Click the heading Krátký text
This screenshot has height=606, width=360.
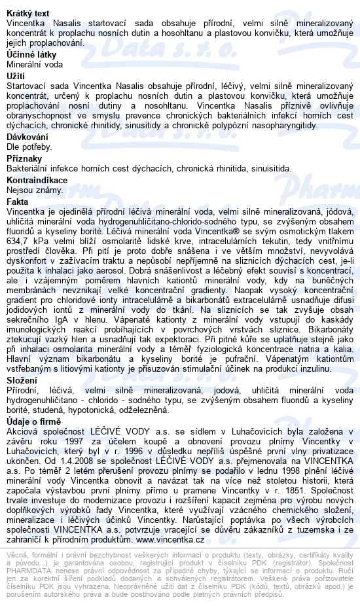(x=27, y=13)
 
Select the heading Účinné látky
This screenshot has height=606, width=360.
(x=31, y=55)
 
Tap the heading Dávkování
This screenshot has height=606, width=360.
(x=27, y=137)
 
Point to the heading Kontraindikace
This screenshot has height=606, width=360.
(x=37, y=180)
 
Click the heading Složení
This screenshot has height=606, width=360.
(x=22, y=380)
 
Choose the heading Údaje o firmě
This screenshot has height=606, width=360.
(x=33, y=422)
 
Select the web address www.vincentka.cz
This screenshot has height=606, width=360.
(x=171, y=521)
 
